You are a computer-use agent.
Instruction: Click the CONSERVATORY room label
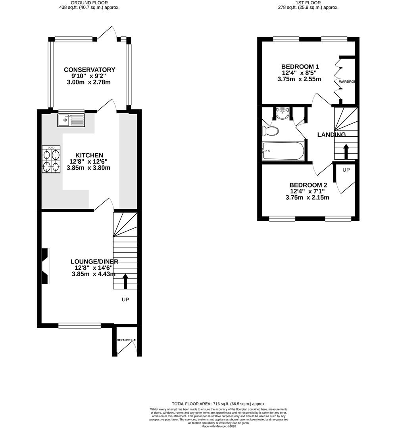[x=90, y=70]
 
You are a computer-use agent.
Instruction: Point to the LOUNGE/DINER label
[x=94, y=261]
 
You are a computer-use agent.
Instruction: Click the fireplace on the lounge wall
[x=45, y=266]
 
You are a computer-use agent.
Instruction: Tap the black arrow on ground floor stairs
[x=125, y=281]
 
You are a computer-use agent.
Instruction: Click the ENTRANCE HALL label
[x=127, y=340]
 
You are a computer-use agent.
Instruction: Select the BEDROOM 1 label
[x=300, y=66]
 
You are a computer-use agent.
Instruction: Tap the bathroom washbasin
[x=283, y=114]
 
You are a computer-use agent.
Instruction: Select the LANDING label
[x=331, y=135]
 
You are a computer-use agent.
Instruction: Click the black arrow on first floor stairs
[x=346, y=151]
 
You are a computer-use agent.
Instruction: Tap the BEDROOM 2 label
[x=308, y=185]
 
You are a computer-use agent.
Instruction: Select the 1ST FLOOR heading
[x=308, y=2]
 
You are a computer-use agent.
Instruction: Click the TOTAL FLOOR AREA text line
[x=218, y=403]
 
